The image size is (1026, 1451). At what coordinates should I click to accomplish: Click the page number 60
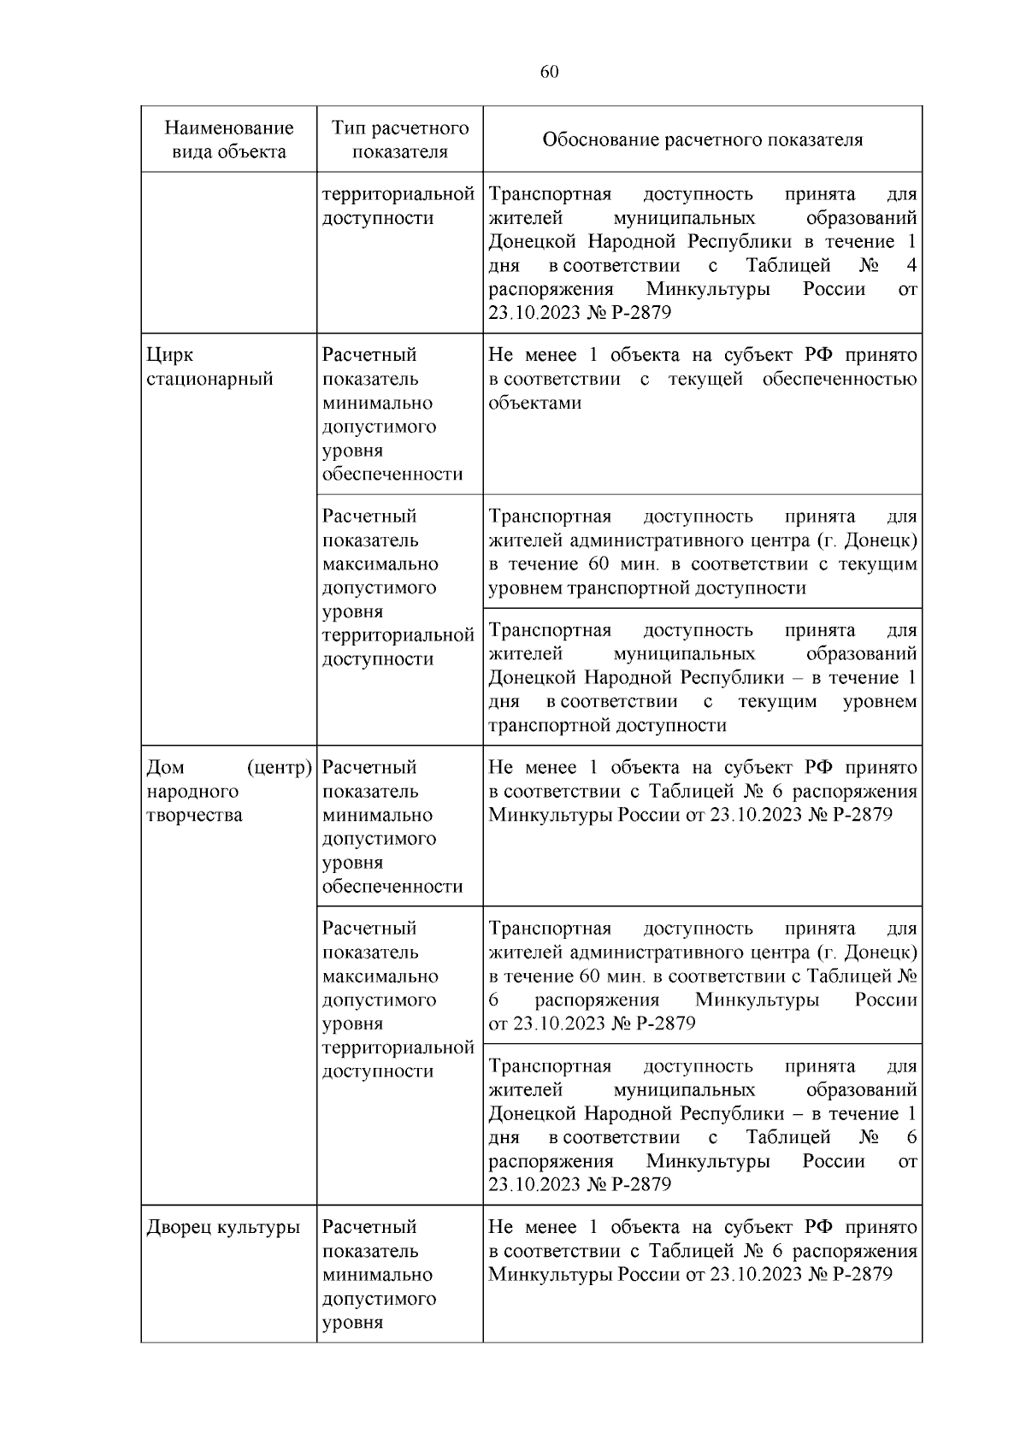549,72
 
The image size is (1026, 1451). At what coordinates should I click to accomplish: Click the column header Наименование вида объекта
228,139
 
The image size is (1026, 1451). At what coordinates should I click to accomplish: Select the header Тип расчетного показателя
400,139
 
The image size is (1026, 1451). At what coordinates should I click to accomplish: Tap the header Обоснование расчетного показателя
702,139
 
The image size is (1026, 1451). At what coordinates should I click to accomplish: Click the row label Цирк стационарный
209,366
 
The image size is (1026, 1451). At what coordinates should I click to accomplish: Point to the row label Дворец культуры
223,1227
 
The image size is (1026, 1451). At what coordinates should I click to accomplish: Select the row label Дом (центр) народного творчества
228,791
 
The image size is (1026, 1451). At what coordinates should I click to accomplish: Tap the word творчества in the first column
194,815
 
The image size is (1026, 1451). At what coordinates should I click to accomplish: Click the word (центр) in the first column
278,767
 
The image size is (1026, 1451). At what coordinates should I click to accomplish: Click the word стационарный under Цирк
209,379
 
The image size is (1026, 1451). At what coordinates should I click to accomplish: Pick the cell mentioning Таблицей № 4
702,252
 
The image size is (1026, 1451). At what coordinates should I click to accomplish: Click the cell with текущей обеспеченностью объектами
702,379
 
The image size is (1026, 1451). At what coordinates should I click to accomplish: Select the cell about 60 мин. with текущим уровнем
702,551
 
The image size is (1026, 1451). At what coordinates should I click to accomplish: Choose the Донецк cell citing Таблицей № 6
702,976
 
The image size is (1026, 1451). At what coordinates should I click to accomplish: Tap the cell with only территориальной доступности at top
398,205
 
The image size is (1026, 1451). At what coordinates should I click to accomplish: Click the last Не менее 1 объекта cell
702,1250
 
